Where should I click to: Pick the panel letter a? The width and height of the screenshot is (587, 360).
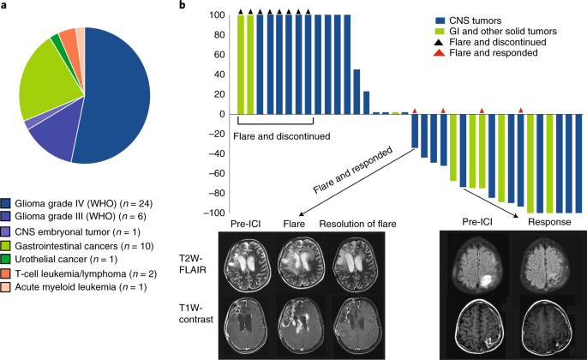click(4, 6)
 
